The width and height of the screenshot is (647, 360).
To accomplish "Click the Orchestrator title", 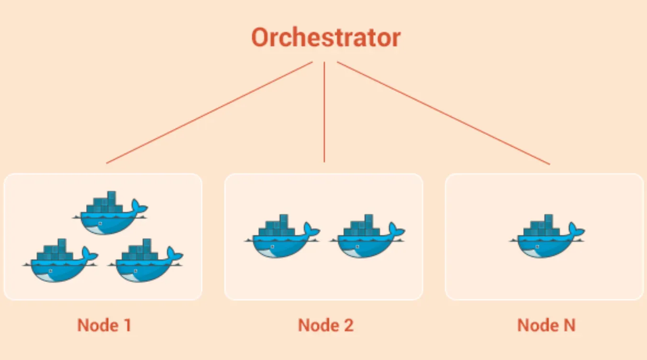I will pyautogui.click(x=325, y=37).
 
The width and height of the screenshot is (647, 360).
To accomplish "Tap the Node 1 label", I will pyautogui.click(x=104, y=326).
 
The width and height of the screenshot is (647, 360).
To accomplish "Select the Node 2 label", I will pyautogui.click(x=325, y=326).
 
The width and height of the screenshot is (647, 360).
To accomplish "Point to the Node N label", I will pyautogui.click(x=546, y=326).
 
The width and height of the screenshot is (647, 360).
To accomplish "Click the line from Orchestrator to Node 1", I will pyautogui.click(x=209, y=112).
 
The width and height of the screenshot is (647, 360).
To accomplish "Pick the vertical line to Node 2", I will pyautogui.click(x=324, y=112).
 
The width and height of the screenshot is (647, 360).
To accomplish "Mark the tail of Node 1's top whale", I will pyautogui.click(x=139, y=207).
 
